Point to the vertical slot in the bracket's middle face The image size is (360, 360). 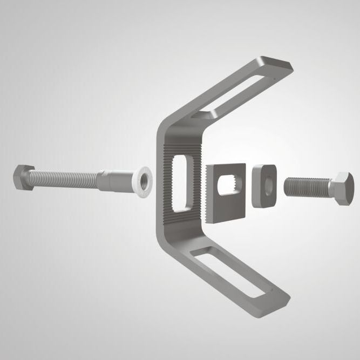pos(180,181)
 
